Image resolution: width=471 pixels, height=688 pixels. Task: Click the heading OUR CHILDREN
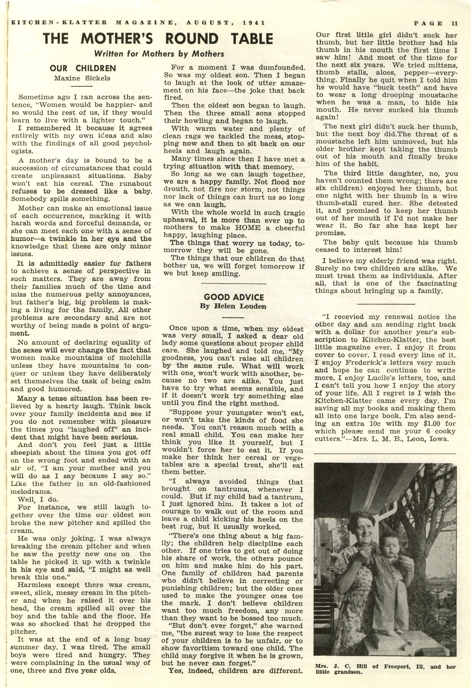[83, 68]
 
